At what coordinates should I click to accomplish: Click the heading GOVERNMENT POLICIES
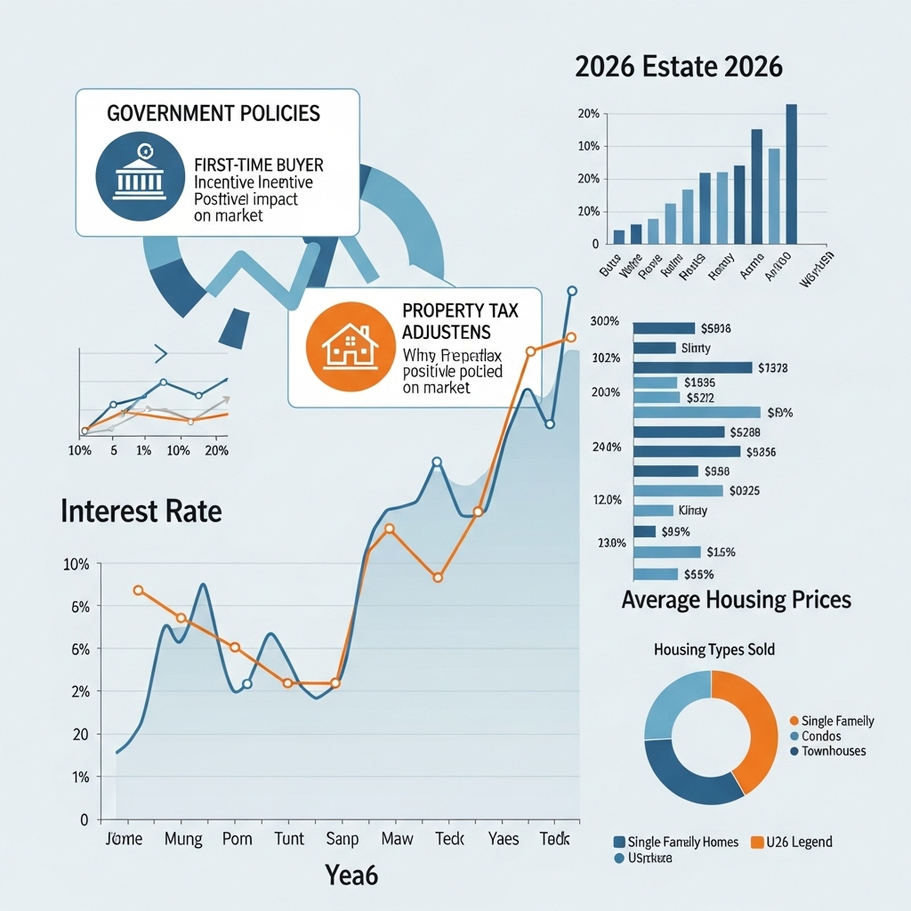[214, 115]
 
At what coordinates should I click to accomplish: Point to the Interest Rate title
[141, 512]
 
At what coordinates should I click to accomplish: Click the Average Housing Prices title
[736, 600]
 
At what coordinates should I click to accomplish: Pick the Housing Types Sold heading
[713, 649]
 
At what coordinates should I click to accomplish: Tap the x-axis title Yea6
[351, 875]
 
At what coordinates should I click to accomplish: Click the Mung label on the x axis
[184, 839]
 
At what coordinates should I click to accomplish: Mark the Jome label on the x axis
[124, 839]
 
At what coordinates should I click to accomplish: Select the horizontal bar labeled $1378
[692, 367]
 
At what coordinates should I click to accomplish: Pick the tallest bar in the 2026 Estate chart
[791, 173]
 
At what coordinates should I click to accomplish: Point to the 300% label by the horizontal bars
[604, 321]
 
